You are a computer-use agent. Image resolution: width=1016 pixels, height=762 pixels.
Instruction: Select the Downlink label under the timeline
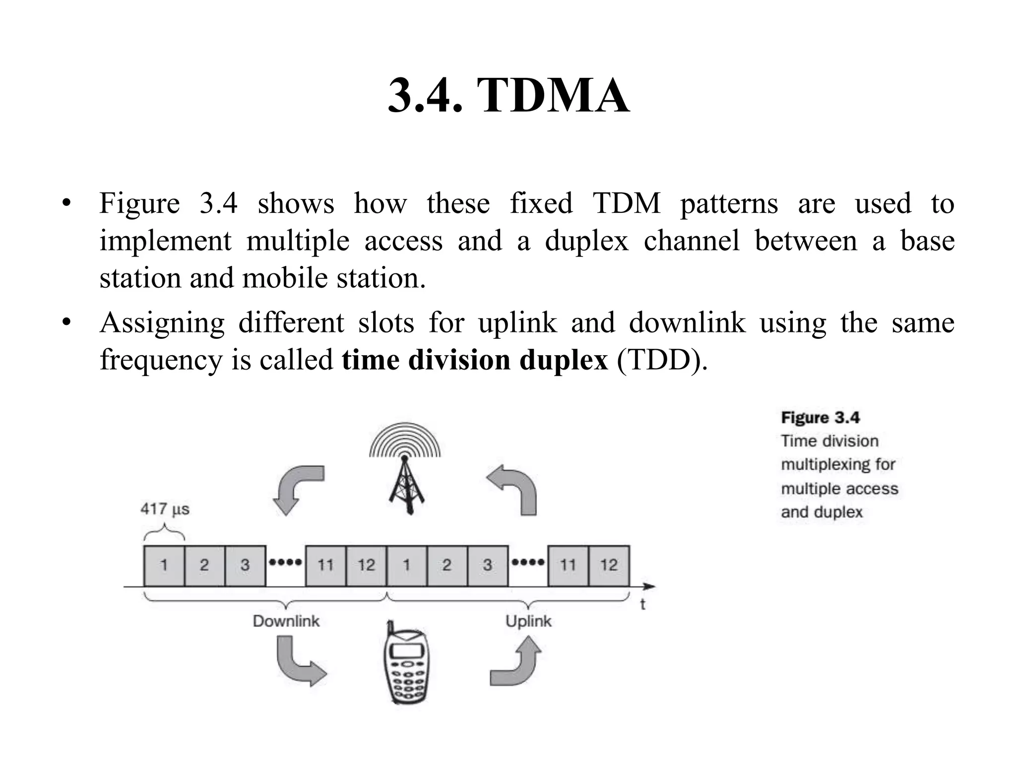tap(286, 621)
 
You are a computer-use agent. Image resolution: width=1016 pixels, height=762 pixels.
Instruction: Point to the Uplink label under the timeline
tap(528, 621)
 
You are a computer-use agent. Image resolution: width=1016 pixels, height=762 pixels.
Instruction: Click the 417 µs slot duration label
tap(165, 509)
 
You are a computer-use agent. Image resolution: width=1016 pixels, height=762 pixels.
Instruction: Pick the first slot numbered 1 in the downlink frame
tap(164, 565)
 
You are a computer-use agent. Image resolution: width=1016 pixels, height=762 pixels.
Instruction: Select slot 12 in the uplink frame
tap(609, 565)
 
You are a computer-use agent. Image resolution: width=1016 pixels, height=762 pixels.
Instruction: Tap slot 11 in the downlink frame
tap(325, 565)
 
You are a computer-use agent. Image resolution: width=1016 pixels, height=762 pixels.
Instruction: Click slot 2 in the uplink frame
tap(447, 565)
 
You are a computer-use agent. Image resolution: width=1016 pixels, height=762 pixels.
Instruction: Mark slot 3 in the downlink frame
tap(245, 565)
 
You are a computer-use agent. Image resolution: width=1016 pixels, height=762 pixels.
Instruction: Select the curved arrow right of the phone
tap(516, 662)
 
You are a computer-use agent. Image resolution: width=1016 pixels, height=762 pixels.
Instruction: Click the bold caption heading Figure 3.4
tap(820, 418)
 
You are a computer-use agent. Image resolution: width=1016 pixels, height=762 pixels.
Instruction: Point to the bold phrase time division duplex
tap(474, 360)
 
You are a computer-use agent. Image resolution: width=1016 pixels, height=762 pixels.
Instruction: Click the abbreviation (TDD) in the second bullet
tap(662, 360)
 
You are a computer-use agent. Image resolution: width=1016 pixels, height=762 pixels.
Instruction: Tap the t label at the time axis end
tap(642, 604)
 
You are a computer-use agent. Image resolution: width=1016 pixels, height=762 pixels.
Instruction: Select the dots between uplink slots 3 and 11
tap(528, 563)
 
